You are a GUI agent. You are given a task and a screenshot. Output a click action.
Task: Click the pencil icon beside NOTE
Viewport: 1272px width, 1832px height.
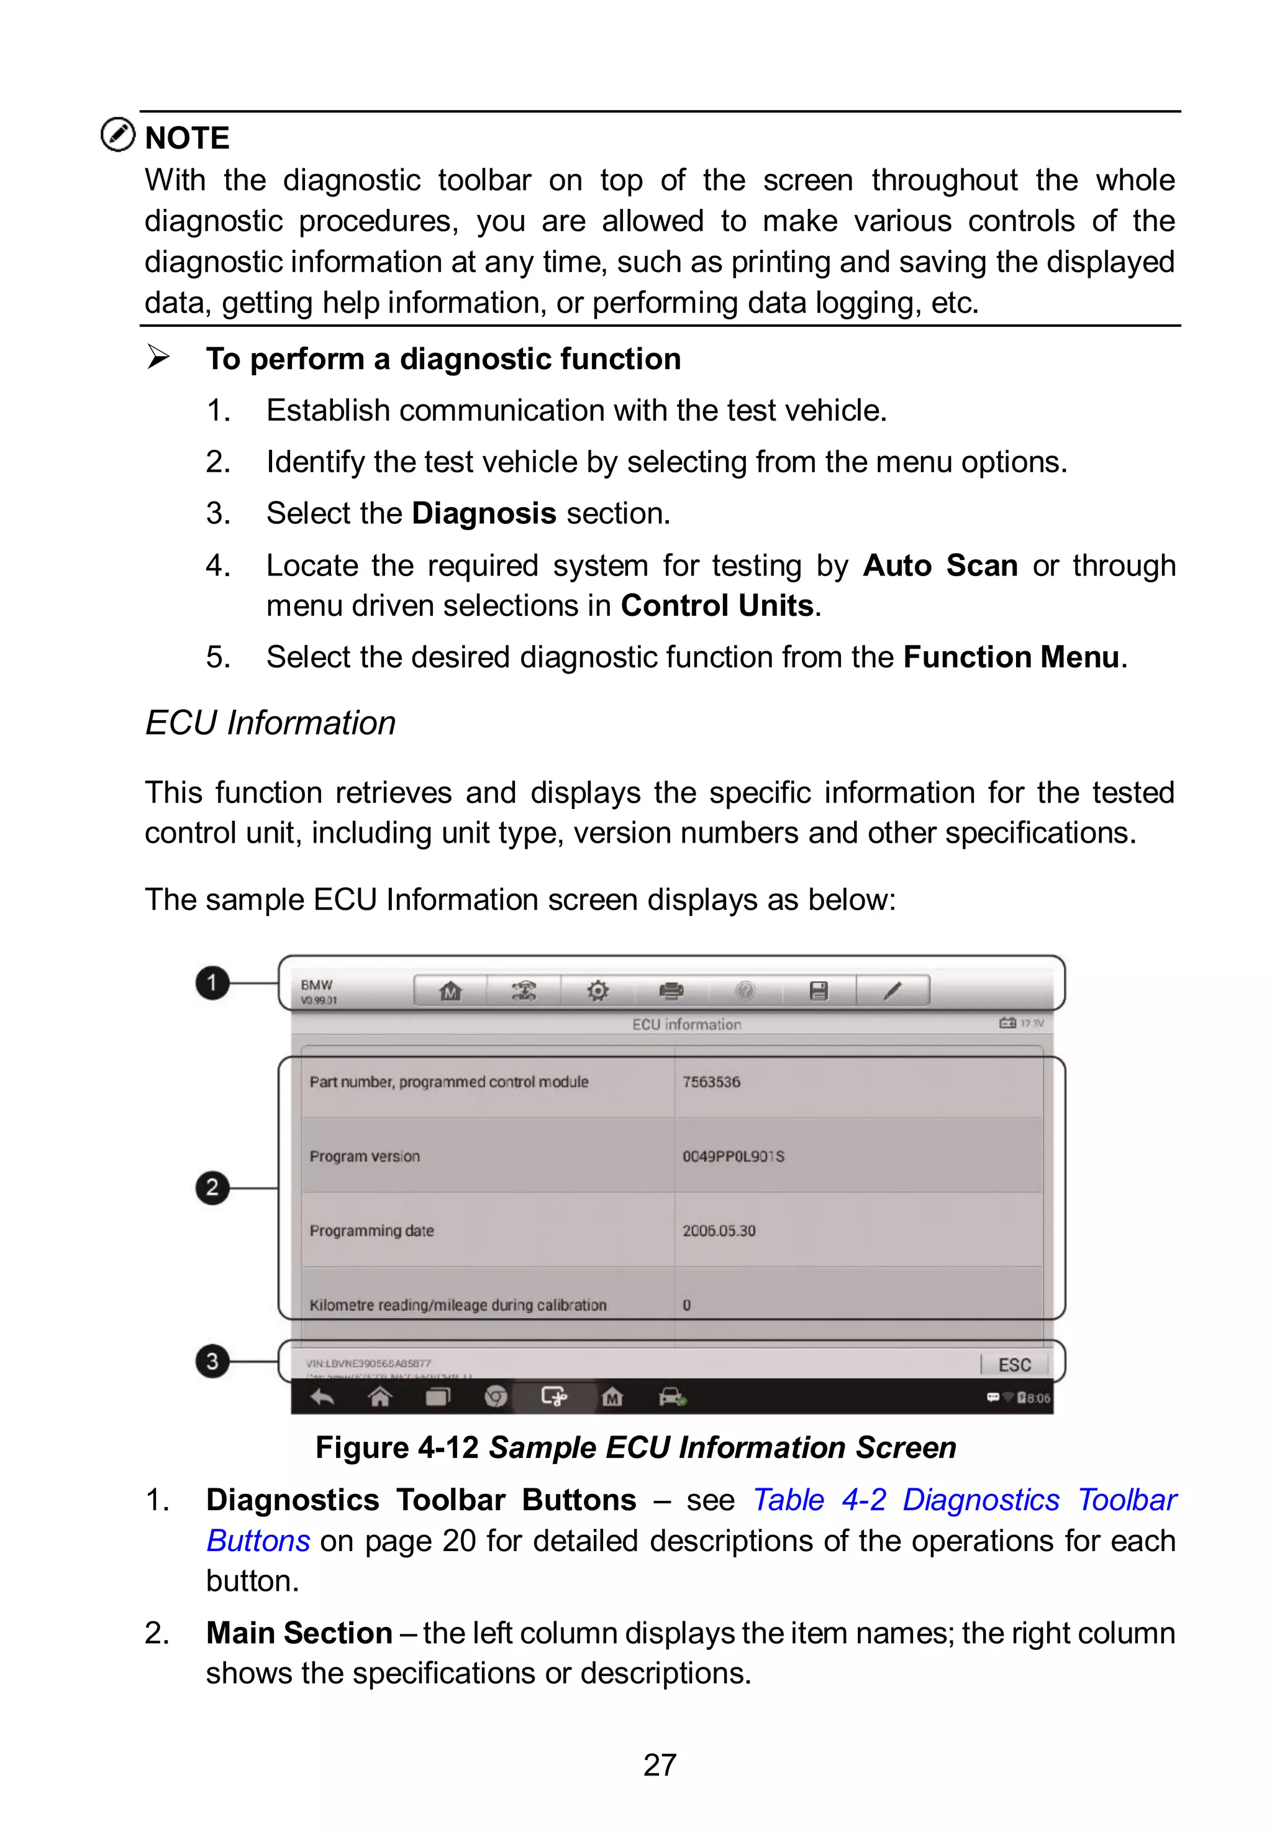[118, 134]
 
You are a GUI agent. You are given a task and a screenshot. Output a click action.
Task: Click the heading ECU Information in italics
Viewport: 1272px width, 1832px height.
[270, 723]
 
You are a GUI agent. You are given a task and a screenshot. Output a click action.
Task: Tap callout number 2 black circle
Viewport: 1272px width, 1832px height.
[212, 1187]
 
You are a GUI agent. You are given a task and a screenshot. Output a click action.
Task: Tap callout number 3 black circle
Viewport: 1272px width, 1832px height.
[212, 1360]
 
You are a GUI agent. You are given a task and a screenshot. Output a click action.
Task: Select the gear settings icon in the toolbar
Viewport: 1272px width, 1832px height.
[597, 991]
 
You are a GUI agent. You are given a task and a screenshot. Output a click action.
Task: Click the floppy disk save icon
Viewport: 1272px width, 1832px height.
[819, 991]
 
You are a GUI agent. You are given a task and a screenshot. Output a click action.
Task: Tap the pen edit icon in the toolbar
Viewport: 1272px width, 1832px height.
[893, 991]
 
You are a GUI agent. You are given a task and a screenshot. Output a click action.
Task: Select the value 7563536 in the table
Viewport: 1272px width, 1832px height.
[711, 1082]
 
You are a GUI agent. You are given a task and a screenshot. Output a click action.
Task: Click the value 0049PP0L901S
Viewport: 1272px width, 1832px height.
[734, 1156]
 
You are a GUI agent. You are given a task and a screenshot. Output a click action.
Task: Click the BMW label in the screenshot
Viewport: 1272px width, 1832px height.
[316, 986]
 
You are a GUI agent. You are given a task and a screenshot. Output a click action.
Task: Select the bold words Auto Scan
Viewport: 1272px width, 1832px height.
[940, 566]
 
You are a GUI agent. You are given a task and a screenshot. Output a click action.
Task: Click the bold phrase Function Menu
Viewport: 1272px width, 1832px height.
[1011, 657]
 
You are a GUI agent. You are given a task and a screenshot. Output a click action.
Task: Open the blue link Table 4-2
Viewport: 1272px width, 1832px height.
[819, 1500]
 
